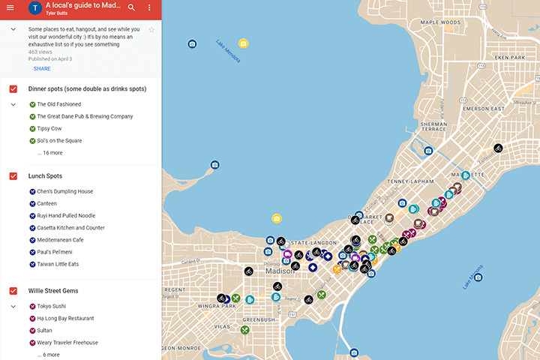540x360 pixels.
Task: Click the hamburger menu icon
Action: [x=11, y=7]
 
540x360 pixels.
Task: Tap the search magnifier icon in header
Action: [x=131, y=7]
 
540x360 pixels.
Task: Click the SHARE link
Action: [x=42, y=68]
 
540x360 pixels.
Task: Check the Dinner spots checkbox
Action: [x=13, y=89]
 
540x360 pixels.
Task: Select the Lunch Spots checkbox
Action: [x=13, y=176]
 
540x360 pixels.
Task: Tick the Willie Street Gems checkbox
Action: [x=13, y=290]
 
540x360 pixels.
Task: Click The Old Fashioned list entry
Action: [x=58, y=104]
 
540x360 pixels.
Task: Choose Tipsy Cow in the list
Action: [x=52, y=128]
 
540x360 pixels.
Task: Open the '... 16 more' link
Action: [x=49, y=153]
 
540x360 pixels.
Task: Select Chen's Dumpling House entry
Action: [x=64, y=191]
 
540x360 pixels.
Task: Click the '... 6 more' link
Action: [x=48, y=355]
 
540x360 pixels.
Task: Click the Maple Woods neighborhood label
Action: [x=441, y=22]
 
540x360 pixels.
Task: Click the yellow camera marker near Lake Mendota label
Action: [x=244, y=43]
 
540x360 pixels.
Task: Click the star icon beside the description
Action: [x=151, y=30]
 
